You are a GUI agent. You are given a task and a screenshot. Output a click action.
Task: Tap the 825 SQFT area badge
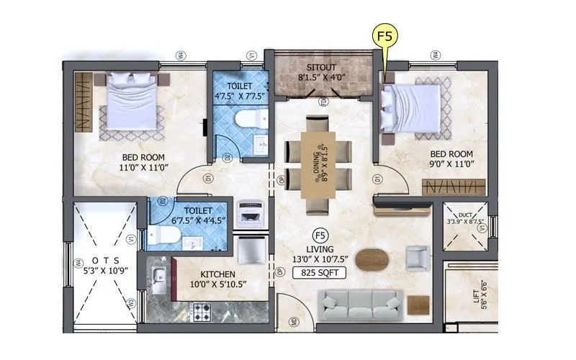[317, 272]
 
